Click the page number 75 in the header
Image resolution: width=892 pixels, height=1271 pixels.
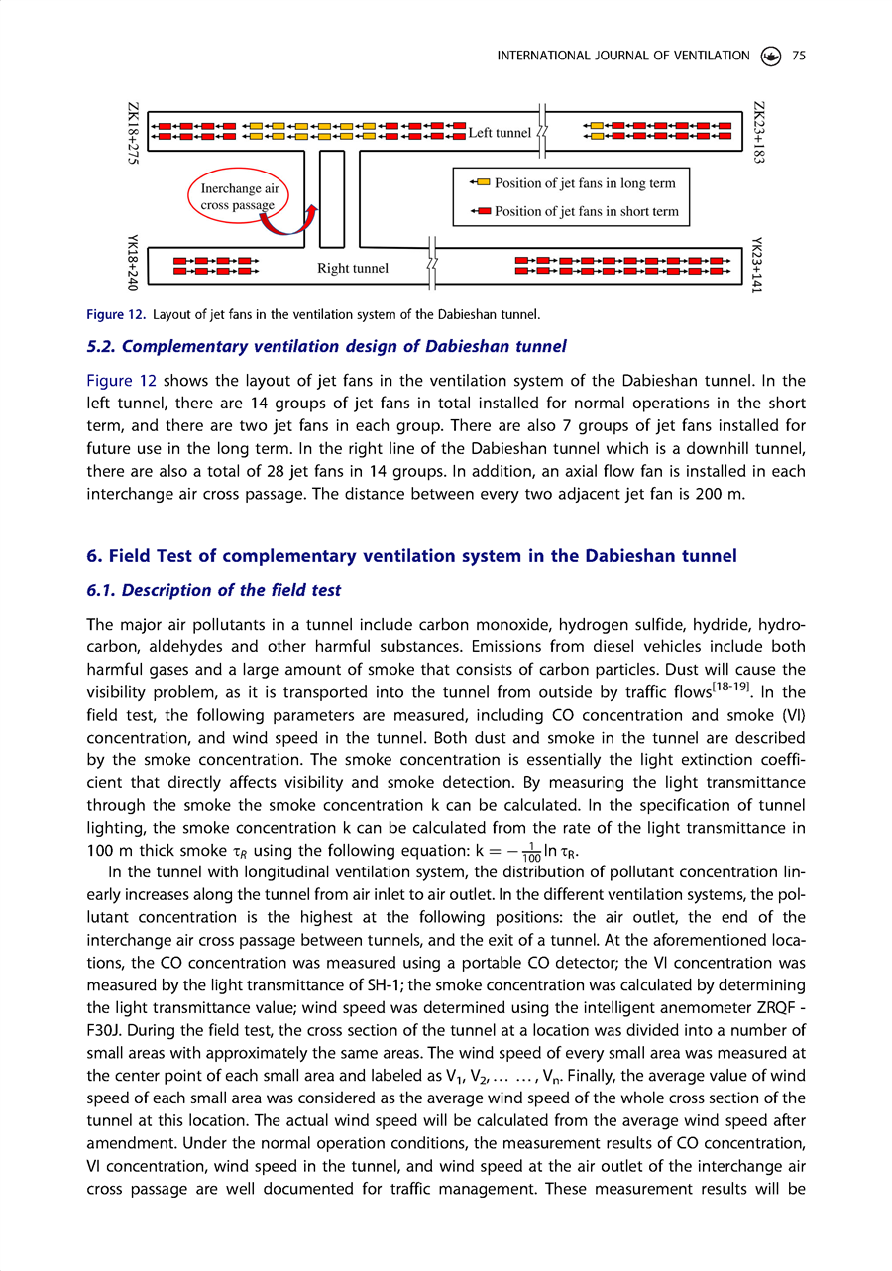point(799,56)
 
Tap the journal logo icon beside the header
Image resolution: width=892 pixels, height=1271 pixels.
point(771,56)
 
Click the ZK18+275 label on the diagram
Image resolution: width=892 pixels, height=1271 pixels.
point(133,137)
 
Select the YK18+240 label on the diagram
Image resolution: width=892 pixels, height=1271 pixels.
point(133,264)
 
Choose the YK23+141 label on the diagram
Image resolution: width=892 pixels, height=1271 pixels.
point(759,264)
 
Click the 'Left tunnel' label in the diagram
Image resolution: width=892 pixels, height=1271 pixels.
point(500,133)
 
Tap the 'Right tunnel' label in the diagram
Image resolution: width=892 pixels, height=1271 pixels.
point(353,268)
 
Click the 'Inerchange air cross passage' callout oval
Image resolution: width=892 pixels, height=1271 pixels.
point(238,196)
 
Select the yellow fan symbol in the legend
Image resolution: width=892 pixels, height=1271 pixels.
point(480,183)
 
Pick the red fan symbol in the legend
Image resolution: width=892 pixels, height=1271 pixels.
point(480,211)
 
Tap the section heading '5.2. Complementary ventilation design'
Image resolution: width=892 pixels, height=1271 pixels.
point(326,346)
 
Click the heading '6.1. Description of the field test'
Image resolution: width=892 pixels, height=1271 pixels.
point(213,590)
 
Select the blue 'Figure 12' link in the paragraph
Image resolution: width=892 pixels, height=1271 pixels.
point(121,381)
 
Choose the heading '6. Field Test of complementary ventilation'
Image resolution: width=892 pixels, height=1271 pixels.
point(411,556)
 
